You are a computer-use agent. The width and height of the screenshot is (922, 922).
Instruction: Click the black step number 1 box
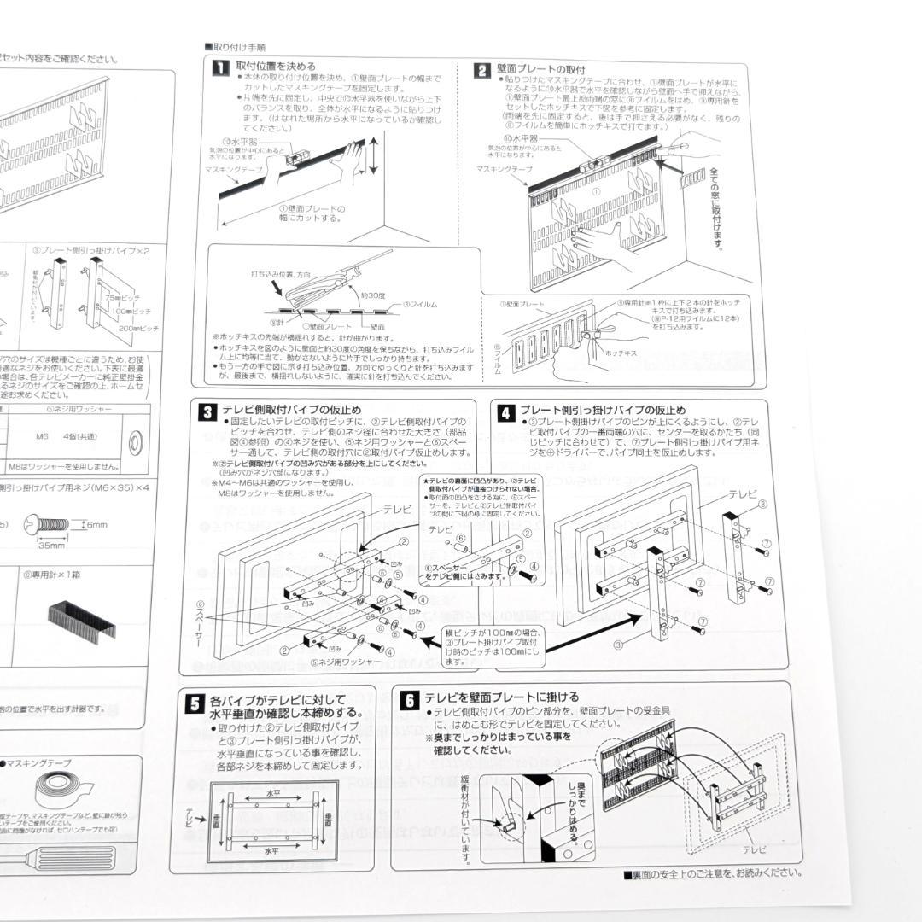tap(219, 67)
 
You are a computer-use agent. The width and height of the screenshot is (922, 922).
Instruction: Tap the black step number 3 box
tap(207, 412)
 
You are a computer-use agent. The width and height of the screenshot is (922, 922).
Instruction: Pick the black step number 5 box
tap(194, 703)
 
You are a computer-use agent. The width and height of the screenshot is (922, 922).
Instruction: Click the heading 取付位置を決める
tap(275, 67)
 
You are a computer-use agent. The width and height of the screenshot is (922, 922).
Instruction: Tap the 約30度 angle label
tap(374, 295)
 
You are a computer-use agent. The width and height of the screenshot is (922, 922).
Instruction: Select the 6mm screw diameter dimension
tap(96, 525)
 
